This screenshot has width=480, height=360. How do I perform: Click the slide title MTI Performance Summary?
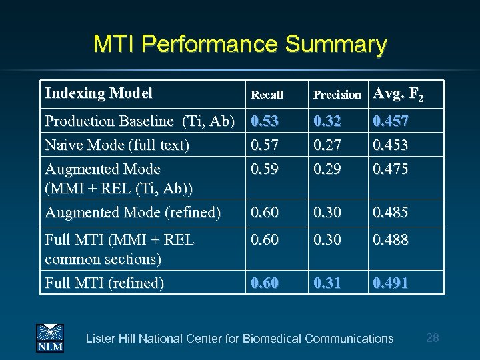point(240,45)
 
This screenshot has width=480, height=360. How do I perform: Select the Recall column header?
point(267,95)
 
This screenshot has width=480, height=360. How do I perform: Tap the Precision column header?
point(337,95)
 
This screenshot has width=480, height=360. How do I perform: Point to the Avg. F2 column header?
point(398,95)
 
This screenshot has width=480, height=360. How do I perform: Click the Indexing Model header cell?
point(99,93)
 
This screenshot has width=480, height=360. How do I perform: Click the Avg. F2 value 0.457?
point(391,121)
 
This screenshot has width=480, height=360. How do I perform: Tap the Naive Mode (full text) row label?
point(117,144)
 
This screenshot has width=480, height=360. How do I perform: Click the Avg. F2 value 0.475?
point(391,169)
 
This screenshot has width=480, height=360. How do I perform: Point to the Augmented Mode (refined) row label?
point(132,213)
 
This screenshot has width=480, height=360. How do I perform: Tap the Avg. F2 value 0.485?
point(391,213)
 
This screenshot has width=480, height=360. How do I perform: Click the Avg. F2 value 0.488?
point(391,239)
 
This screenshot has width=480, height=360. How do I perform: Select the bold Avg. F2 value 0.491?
point(391,283)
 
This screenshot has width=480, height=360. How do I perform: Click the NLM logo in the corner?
point(49,337)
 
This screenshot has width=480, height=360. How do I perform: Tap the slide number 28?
point(432,338)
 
